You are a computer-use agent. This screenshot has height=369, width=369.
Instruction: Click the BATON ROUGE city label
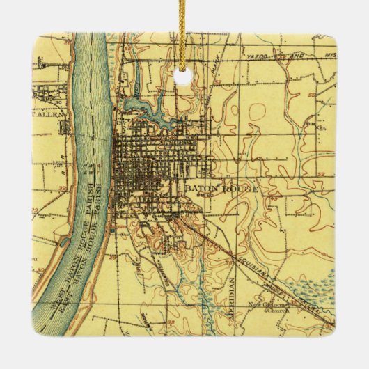[x=222, y=189]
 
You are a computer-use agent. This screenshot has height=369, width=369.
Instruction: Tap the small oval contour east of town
[x=257, y=111]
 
